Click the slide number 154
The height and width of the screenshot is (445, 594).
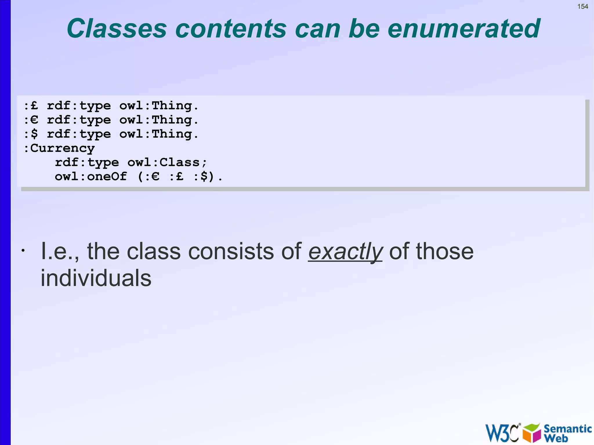pyautogui.click(x=582, y=6)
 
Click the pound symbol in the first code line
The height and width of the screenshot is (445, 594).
pyautogui.click(x=34, y=106)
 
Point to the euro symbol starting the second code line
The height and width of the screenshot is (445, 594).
pyautogui.click(x=34, y=120)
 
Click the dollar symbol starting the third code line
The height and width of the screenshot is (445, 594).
pyautogui.click(x=34, y=134)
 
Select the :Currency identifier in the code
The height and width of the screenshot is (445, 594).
pyautogui.click(x=59, y=148)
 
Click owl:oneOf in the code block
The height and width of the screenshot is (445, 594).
pyautogui.click(x=91, y=176)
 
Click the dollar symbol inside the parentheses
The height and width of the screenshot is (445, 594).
pyautogui.click(x=204, y=176)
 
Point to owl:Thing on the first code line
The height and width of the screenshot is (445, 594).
pyautogui.click(x=159, y=106)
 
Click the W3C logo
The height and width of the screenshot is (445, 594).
pyautogui.click(x=502, y=433)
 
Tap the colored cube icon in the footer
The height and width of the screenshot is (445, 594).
pyautogui.click(x=532, y=433)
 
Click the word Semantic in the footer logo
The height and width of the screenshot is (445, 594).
pyautogui.click(x=567, y=428)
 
